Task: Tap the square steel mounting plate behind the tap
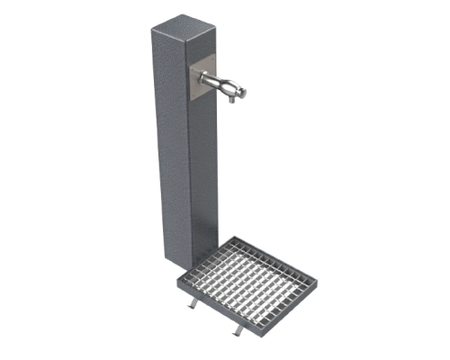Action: coord(204,71)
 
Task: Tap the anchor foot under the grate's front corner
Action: coord(236,333)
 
